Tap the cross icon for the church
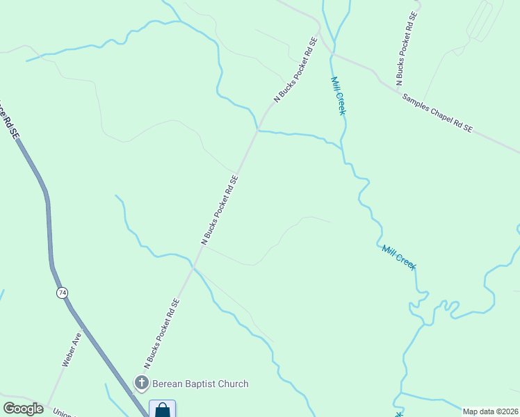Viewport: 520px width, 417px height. [x=142, y=383]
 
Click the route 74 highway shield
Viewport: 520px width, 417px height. [x=63, y=293]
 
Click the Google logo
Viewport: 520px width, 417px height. [x=23, y=409]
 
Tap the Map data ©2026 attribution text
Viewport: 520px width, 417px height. [x=490, y=411]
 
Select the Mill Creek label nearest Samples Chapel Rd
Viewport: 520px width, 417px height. [x=338, y=96]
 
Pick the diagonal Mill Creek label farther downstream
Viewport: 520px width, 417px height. [x=399, y=257]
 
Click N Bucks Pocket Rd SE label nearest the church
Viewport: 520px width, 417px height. [x=162, y=334]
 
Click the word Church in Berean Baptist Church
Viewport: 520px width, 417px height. [x=231, y=384]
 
